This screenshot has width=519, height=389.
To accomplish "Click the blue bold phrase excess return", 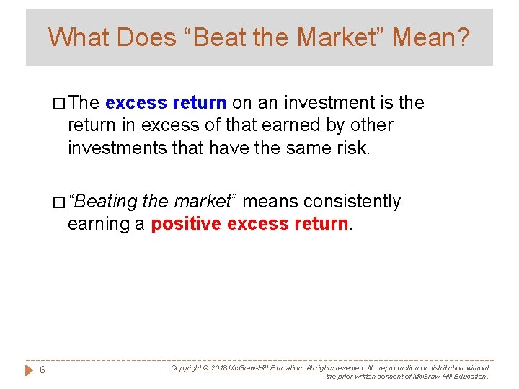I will (166, 103).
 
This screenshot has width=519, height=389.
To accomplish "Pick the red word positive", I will (185, 224).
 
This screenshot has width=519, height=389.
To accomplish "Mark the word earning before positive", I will (99, 224).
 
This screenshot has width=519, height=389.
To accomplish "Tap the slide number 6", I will (43, 370).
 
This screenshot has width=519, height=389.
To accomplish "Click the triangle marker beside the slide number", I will (29, 370).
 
